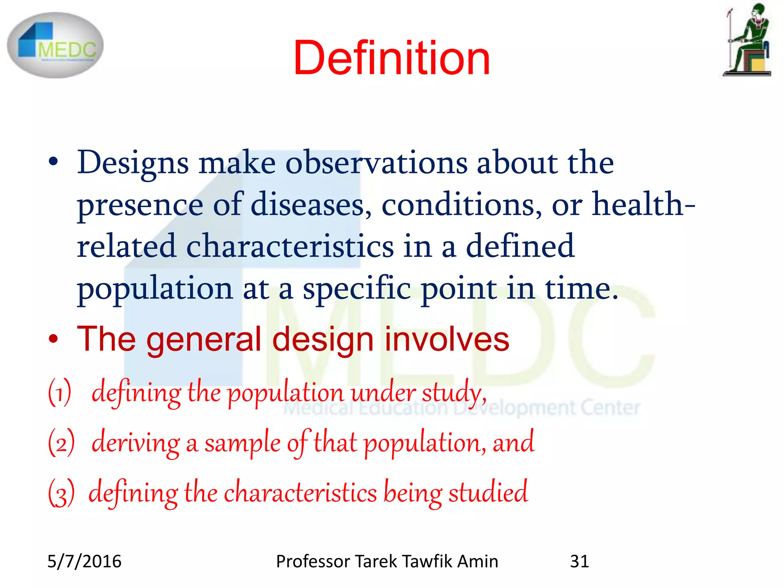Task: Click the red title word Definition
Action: pyautogui.click(x=391, y=58)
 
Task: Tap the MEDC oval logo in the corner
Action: pyautogui.click(x=55, y=45)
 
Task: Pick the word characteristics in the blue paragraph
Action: pyautogui.click(x=290, y=246)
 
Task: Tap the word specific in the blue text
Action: pyautogui.click(x=357, y=288)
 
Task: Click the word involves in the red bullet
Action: pyautogui.click(x=447, y=339)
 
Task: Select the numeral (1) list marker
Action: pyautogui.click(x=60, y=392)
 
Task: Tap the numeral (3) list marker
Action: pyautogui.click(x=61, y=493)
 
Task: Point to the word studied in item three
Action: pyautogui.click(x=488, y=492)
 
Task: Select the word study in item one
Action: pyautogui.click(x=453, y=393)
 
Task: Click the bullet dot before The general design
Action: pyautogui.click(x=53, y=339)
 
